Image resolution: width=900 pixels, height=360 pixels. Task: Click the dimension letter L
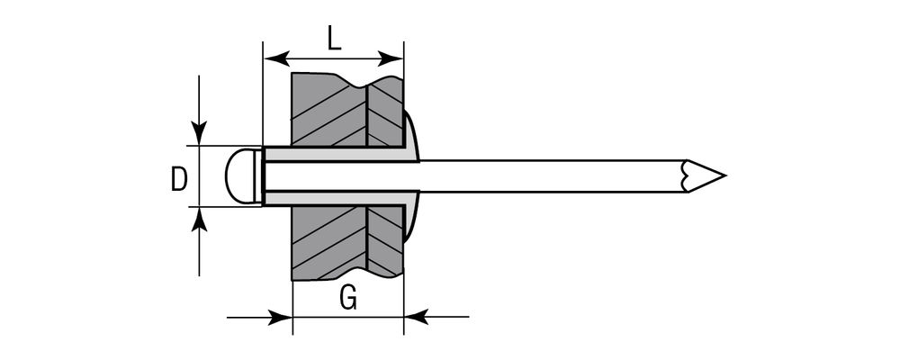tap(333, 38)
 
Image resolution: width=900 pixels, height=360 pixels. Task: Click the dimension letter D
tap(179, 179)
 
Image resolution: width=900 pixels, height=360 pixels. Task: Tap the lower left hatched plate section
tap(328, 241)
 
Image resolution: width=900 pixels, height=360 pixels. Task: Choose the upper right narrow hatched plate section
tap(385, 112)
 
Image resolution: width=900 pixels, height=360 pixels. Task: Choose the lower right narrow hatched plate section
tap(385, 238)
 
